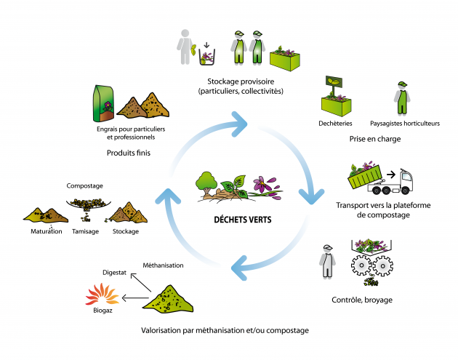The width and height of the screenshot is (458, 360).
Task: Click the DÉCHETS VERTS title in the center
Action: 243,220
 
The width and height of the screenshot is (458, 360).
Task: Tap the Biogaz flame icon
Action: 102,294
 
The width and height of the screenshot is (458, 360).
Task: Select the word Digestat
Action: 115,273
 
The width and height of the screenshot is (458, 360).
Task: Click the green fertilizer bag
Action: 103,103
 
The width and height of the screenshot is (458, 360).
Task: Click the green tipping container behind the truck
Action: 365,177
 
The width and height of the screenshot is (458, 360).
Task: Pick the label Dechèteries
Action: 335,124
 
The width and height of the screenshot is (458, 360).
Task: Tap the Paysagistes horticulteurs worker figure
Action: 402,98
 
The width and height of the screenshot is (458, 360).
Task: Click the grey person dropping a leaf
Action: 185,47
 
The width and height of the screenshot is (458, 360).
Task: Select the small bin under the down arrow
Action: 206,57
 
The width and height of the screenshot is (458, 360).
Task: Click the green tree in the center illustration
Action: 206,183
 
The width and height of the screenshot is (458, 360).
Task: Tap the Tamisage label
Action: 85,231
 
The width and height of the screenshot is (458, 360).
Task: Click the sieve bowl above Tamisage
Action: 88,204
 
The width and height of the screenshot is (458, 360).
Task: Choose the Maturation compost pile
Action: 46,215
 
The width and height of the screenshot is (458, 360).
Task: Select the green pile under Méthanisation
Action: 168,299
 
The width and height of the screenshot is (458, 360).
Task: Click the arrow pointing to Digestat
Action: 141,283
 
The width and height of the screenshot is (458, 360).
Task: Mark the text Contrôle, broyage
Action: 362,300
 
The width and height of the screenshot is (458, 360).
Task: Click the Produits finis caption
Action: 129,153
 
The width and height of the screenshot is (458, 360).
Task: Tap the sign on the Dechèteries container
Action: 334,81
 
